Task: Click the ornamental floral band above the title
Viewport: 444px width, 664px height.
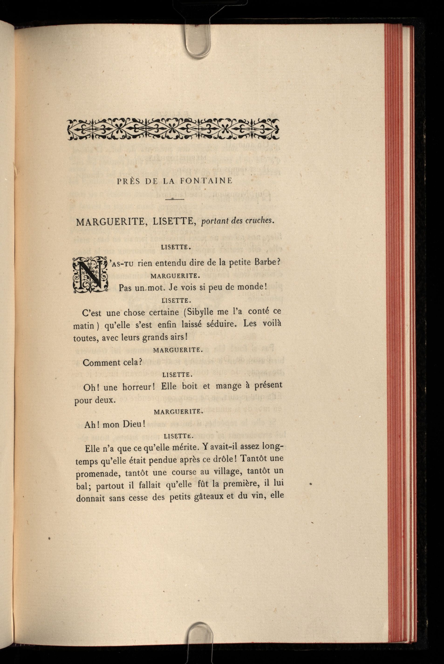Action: [x=173, y=129]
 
